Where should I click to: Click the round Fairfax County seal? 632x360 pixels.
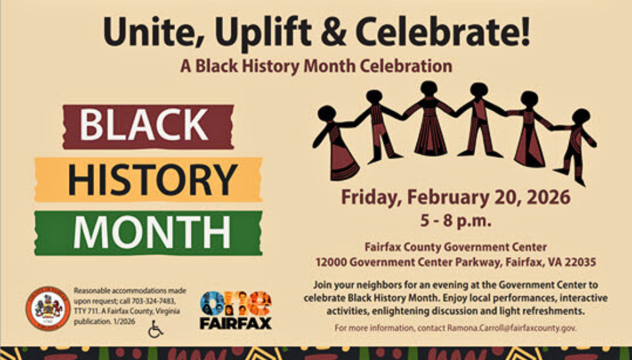47,308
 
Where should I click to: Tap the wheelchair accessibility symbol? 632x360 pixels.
155,329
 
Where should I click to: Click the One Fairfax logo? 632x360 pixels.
236,310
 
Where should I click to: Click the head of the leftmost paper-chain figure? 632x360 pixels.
327,113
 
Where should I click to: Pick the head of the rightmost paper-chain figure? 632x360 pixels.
581,116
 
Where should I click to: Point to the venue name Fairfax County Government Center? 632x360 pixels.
455,247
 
